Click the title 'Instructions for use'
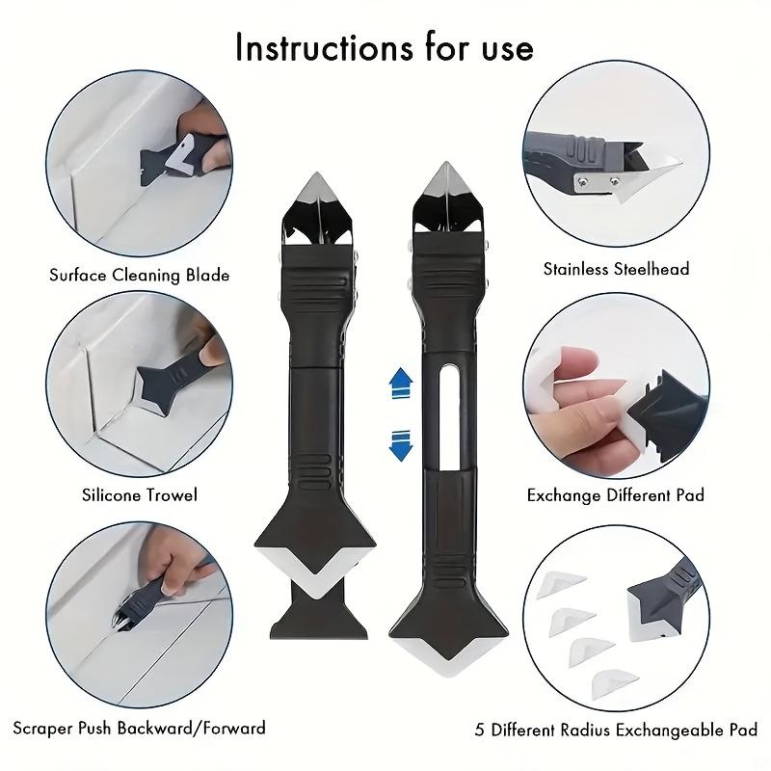(384, 47)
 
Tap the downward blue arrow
(399, 445)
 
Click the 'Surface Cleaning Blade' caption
(140, 276)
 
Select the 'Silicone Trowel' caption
(140, 495)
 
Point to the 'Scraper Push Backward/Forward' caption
(141, 728)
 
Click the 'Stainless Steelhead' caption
(617, 269)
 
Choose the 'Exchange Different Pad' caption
(616, 495)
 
